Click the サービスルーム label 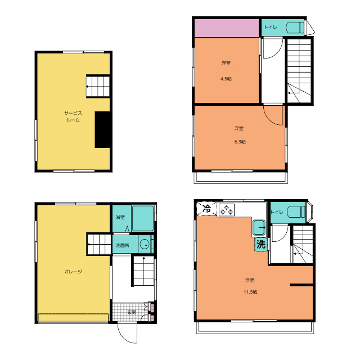pos(73,116)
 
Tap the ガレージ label pos(73,272)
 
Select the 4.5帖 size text pos(226,79)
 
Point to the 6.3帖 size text pos(240,142)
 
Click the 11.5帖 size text pos(250,292)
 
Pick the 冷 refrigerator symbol pos(206,209)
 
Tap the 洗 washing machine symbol pos(261,244)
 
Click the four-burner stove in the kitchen pos(227,210)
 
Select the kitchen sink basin pos(259,228)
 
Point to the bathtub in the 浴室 pos(143,219)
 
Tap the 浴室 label pos(120,217)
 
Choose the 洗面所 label pos(123,245)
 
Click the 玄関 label pos(132,312)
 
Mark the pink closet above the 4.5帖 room pos(227,28)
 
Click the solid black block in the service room pos(102,130)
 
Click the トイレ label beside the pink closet pos(271,27)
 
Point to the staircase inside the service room pos(98,86)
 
